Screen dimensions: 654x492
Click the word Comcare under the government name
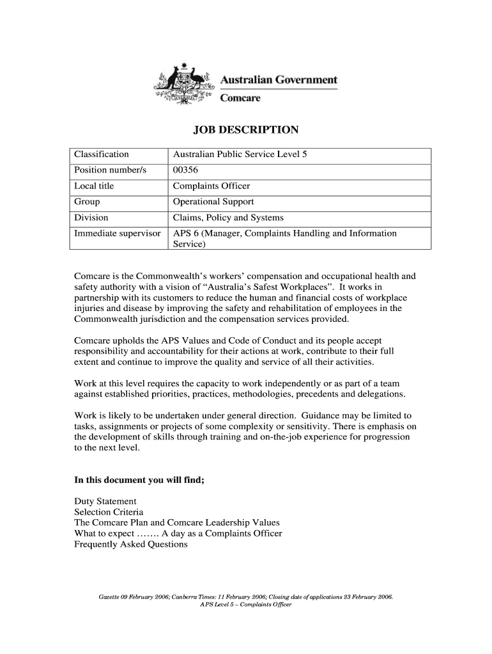coord(240,98)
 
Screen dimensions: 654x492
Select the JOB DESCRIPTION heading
coord(246,130)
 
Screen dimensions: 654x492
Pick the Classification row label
coord(102,154)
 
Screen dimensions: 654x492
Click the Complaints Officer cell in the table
coord(211,186)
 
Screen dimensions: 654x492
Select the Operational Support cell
coord(213,202)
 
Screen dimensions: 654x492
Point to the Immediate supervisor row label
coord(117,234)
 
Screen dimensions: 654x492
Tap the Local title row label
coord(94,186)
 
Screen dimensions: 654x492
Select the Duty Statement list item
coord(105,501)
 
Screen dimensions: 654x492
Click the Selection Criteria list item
coord(109,512)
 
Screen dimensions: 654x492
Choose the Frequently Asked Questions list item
coord(131,544)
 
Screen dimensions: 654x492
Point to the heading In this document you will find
coord(139,480)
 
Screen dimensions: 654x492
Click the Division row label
coord(91,218)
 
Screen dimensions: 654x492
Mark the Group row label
coord(87,202)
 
